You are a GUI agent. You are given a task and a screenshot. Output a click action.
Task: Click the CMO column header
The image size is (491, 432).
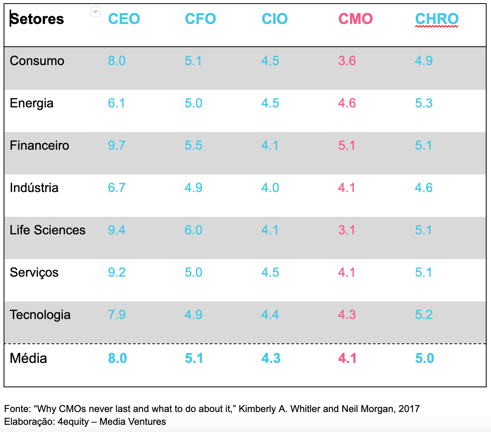pyautogui.click(x=355, y=19)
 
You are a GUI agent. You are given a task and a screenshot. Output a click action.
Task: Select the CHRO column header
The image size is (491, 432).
pyautogui.click(x=437, y=19)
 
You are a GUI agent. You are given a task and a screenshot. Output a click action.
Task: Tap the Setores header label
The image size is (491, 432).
pyautogui.click(x=37, y=19)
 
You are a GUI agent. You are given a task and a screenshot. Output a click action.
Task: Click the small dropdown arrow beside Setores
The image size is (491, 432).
pyautogui.click(x=95, y=12)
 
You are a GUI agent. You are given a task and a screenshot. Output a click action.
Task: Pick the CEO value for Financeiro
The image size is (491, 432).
pyautogui.click(x=116, y=145)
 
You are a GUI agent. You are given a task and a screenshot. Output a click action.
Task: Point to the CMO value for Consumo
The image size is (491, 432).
pyautogui.click(x=347, y=61)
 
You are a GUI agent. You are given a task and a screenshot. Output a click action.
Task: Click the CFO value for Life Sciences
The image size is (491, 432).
pyautogui.click(x=193, y=230)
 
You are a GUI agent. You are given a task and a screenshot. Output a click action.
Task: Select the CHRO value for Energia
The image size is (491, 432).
pyautogui.click(x=423, y=103)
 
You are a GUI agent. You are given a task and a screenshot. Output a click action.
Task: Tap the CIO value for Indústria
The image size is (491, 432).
pyautogui.click(x=270, y=188)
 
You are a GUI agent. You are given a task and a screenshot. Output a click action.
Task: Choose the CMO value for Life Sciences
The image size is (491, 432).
pyautogui.click(x=347, y=230)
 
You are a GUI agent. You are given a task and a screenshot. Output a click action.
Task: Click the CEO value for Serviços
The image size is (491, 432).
pyautogui.click(x=116, y=272)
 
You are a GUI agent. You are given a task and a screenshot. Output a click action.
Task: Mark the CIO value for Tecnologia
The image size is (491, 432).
pyautogui.click(x=270, y=315)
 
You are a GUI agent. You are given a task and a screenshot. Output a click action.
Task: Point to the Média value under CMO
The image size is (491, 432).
pyautogui.click(x=347, y=358)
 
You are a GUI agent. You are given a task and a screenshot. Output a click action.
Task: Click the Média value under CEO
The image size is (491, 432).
pyautogui.click(x=117, y=358)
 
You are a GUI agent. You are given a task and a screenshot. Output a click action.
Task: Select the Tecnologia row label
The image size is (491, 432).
pyautogui.click(x=40, y=315)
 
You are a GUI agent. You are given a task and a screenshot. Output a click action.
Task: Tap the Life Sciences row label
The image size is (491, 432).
pyautogui.click(x=48, y=230)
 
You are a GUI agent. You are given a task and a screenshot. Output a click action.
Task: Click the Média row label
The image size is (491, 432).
pyautogui.click(x=28, y=358)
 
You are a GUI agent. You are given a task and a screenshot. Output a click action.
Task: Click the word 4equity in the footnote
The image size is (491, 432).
pyautogui.click(x=73, y=422)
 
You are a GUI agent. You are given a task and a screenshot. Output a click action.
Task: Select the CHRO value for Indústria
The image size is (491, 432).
pyautogui.click(x=423, y=188)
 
